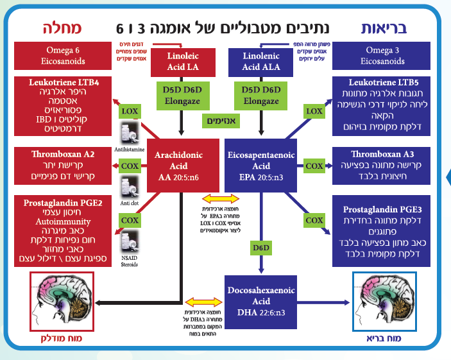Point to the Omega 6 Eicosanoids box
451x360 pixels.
tap(63, 56)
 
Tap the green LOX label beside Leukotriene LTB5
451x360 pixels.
tap(314, 111)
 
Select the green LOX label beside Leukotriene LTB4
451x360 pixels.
tap(130, 111)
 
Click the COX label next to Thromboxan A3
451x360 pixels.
tap(314, 166)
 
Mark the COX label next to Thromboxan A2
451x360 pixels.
tap(130, 166)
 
